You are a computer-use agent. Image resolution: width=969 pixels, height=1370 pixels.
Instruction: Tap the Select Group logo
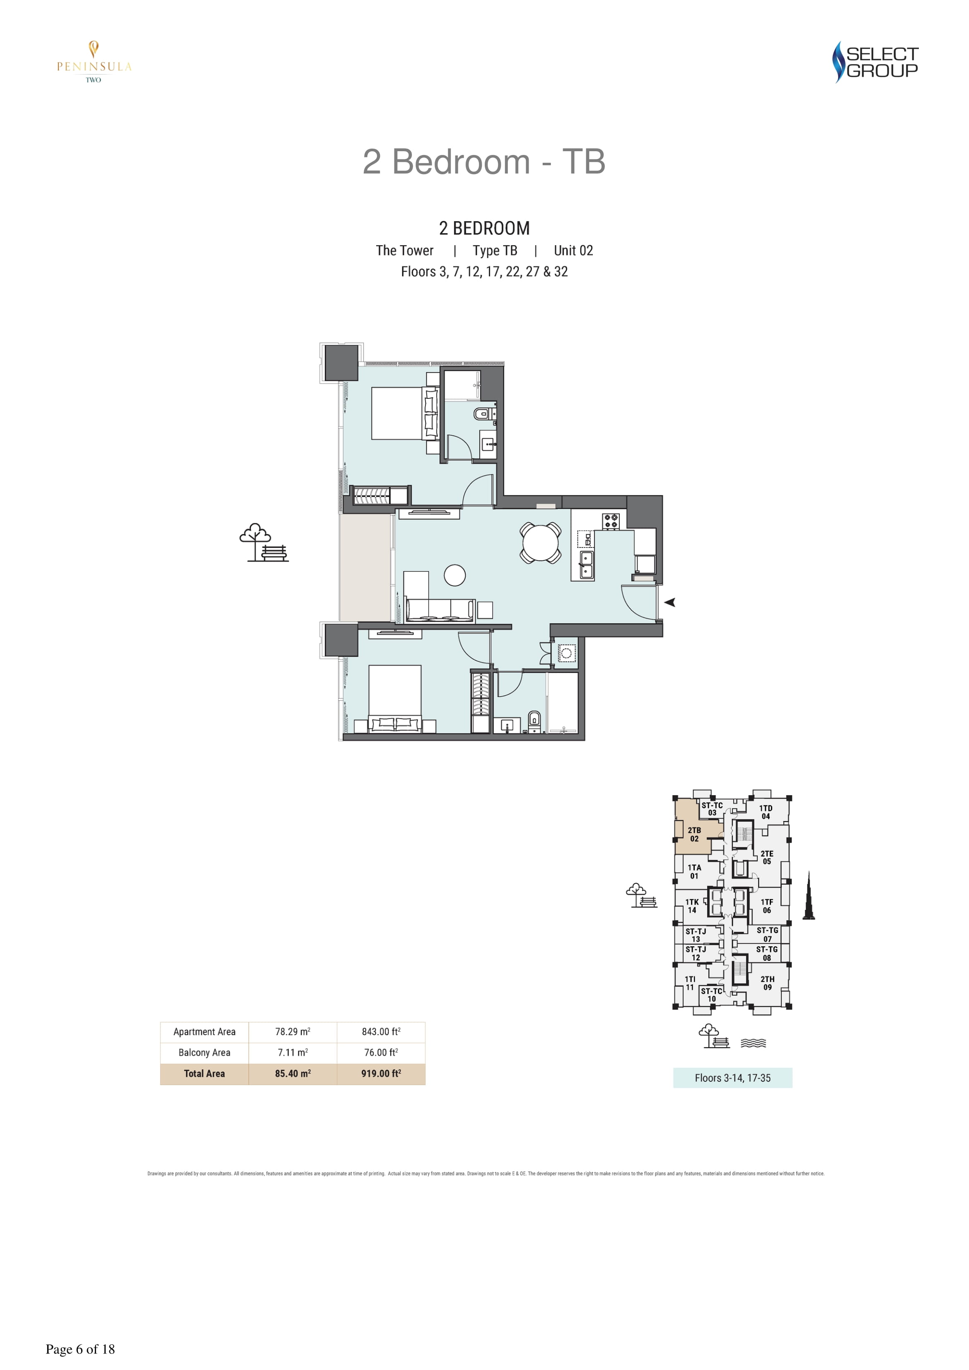[875, 62]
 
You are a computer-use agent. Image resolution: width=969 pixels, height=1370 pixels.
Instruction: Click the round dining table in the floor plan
[540, 543]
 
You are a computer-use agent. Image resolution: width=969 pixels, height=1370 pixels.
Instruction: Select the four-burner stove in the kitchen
[610, 521]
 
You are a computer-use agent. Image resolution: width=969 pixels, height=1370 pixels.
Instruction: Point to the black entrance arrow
[670, 602]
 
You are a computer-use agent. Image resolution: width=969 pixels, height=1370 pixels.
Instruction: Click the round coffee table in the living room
[455, 575]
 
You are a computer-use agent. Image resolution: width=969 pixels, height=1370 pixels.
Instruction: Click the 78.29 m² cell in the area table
[292, 1032]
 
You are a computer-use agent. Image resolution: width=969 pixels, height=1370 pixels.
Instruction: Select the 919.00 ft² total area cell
[381, 1073]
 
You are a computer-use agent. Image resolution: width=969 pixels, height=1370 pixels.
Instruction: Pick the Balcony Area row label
[204, 1053]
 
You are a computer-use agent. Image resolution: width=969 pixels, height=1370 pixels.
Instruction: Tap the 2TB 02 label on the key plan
[694, 834]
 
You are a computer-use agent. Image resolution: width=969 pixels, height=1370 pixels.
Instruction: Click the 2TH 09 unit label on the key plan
[767, 983]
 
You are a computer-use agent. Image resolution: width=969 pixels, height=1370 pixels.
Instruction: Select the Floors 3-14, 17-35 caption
[732, 1078]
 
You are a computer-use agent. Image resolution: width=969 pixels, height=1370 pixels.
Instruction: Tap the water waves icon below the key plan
[753, 1043]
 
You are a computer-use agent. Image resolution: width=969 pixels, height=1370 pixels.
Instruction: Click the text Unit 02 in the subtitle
[573, 251]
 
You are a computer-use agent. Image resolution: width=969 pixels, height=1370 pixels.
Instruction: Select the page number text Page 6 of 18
[80, 1349]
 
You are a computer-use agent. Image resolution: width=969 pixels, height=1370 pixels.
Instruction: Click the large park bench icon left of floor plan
[264, 543]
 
